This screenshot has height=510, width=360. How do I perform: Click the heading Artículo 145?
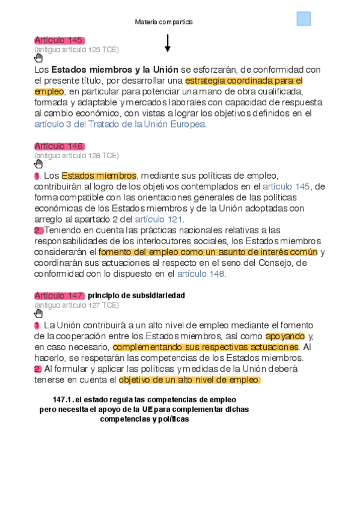[59, 40]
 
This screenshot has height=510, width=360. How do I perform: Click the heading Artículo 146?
[59, 146]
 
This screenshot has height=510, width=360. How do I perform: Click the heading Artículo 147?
[59, 295]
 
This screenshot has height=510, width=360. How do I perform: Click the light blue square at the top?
[304, 19]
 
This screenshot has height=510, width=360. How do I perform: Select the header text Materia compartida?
[164, 22]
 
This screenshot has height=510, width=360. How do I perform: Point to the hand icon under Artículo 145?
[39, 58]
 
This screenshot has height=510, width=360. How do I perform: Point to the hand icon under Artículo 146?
[39, 164]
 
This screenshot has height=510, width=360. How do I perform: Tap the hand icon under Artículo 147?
[39, 313]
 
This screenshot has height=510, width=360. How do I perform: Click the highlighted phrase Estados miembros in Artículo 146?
[99, 176]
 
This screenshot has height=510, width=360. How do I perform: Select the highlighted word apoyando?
[285, 336]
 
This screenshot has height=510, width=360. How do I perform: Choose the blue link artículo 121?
[159, 219]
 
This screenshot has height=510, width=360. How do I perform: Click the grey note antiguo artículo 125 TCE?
[77, 49]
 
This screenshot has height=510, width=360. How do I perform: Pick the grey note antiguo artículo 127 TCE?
[77, 305]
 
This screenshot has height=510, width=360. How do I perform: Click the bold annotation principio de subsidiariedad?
[136, 296]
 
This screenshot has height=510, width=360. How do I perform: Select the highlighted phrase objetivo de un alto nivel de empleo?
[190, 379]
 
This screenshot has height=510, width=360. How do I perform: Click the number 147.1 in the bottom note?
[63, 399]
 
